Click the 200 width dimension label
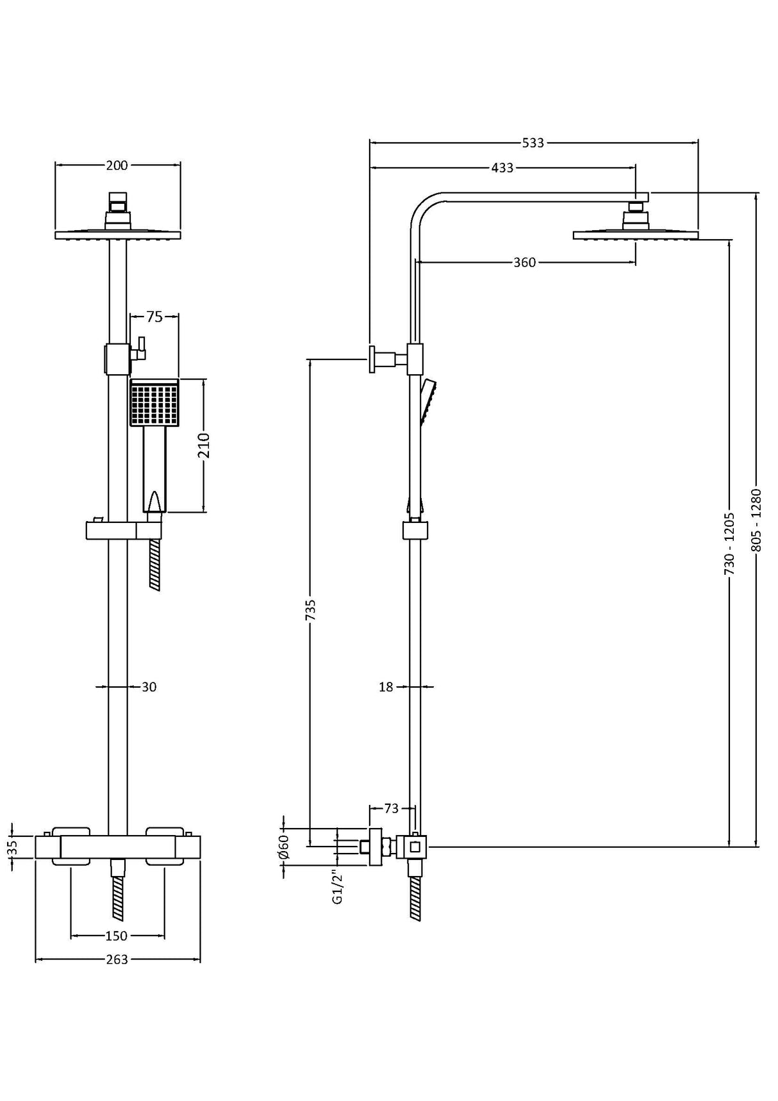coord(117,165)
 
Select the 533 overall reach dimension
coord(533,142)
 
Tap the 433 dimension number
coord(502,168)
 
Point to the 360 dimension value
coord(524,262)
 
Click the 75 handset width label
coord(154,316)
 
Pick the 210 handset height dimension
coord(204,445)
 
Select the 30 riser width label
coord(149,687)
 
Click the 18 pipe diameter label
coord(385,687)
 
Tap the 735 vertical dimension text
coord(310,610)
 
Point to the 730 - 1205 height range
coord(729,542)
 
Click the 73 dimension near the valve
coord(391,809)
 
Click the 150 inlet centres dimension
coord(116,936)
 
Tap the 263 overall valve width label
coord(117,959)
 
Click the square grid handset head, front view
coord(154,402)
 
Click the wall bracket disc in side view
coord(372,359)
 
